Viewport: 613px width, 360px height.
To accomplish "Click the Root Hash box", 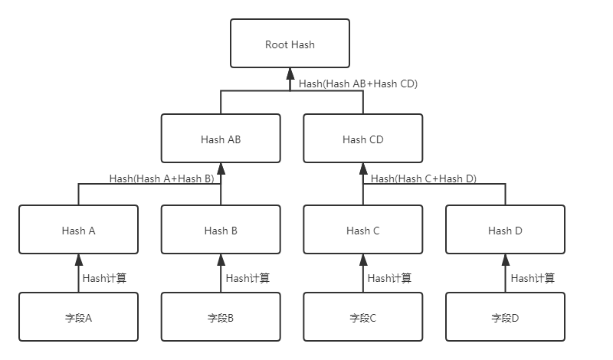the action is pyautogui.click(x=290, y=44).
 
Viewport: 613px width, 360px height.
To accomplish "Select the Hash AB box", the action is pyautogui.click(x=221, y=139).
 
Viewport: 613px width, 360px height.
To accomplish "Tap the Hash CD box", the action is pyautogui.click(x=362, y=139).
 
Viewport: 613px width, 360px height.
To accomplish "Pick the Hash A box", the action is pyautogui.click(x=78, y=230).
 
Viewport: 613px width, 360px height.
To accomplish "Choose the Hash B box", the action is pyautogui.click(x=221, y=230).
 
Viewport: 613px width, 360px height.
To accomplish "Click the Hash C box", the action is pyautogui.click(x=362, y=230).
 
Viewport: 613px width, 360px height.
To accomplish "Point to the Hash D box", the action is pyautogui.click(x=505, y=230).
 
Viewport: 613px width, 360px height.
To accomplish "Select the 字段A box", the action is pyautogui.click(x=78, y=316).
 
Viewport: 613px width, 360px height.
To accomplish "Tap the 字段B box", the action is pyautogui.click(x=221, y=316).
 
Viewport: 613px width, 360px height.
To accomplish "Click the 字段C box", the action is pyautogui.click(x=362, y=316).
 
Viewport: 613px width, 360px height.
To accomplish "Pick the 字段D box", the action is pyautogui.click(x=505, y=316).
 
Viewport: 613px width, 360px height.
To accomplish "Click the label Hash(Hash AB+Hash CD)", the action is pyautogui.click(x=358, y=83).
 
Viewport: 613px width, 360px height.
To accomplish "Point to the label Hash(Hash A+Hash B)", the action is pyautogui.click(x=162, y=178).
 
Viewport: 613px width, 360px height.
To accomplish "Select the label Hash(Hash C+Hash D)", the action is pyautogui.click(x=424, y=178).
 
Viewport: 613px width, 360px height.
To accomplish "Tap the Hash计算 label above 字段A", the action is pyautogui.click(x=104, y=278).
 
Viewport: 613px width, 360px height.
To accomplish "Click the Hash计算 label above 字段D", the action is pyautogui.click(x=533, y=278).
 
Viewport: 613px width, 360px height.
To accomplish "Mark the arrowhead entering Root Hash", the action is pyautogui.click(x=290, y=74).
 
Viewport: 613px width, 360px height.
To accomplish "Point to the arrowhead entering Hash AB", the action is pyautogui.click(x=221, y=169).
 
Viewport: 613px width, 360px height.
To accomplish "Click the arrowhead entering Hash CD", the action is pyautogui.click(x=363, y=169).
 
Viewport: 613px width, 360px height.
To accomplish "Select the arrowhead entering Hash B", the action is pyautogui.click(x=221, y=260).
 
